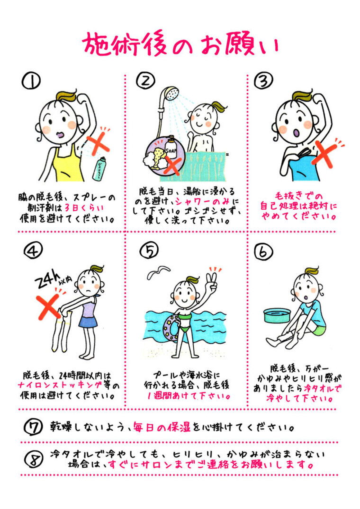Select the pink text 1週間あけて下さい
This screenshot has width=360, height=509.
(x=187, y=394)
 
